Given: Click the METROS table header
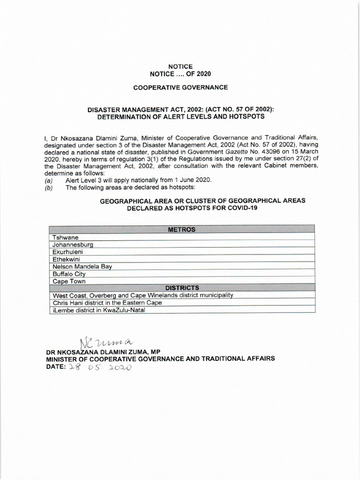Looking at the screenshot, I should (x=181, y=230).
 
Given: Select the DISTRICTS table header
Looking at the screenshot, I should (x=181, y=287).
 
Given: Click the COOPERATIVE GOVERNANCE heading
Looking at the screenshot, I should (x=180, y=87).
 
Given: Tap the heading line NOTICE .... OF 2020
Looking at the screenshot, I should (x=180, y=74).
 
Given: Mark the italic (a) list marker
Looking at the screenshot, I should (x=48, y=180).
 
